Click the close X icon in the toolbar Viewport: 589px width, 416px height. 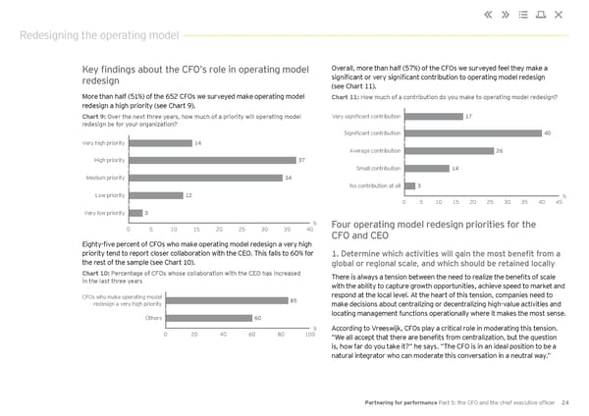pyautogui.click(x=559, y=14)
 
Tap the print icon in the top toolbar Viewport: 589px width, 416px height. pyautogui.click(x=540, y=14)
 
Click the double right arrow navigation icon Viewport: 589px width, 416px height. pyautogui.click(x=505, y=14)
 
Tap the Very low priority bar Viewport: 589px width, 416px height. pyautogui.click(x=134, y=213)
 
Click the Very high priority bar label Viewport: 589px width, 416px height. pyautogui.click(x=104, y=143)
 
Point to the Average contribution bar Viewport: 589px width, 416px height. pyautogui.click(x=448, y=150)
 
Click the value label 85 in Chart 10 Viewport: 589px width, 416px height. pyautogui.click(x=294, y=300)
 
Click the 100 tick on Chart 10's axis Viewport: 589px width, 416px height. pyautogui.click(x=309, y=336)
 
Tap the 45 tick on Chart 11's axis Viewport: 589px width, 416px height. pyautogui.click(x=559, y=203)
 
